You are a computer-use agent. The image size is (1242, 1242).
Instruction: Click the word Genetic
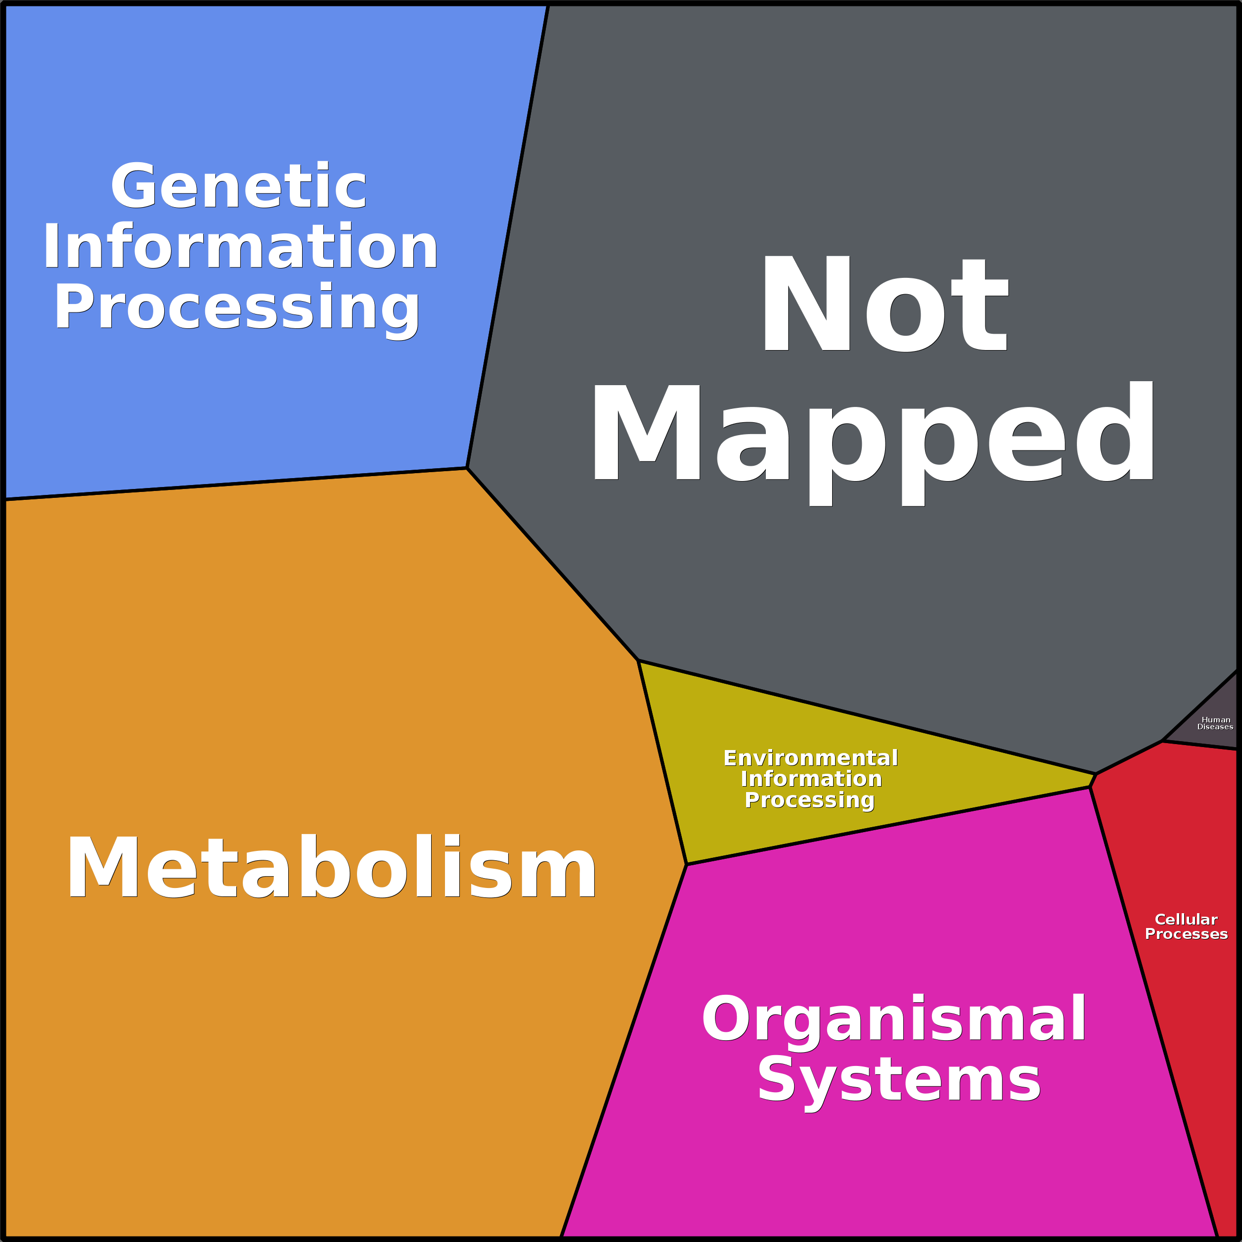238,186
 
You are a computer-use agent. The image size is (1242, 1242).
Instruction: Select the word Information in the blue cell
240,246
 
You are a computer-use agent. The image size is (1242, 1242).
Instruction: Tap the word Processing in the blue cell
237,309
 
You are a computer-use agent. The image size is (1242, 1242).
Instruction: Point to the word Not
885,304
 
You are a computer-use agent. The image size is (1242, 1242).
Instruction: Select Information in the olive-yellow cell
811,779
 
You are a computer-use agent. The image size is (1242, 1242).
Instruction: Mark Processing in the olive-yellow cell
810,800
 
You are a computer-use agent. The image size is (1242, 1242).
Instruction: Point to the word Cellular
1186,919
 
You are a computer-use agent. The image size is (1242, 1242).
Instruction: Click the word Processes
1187,933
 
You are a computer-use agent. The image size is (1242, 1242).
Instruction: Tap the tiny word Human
1216,720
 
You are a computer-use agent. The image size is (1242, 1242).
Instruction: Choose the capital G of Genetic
134,186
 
